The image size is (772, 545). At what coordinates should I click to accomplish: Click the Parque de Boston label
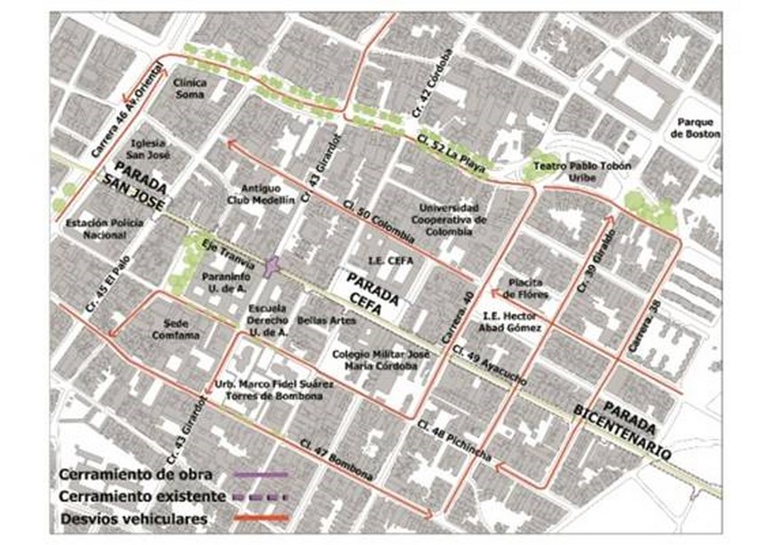coord(697,128)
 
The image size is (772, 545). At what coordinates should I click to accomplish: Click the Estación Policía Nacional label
coord(105,229)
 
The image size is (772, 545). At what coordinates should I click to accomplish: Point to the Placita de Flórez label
coord(526,287)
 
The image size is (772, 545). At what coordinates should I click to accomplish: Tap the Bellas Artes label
coord(320,319)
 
